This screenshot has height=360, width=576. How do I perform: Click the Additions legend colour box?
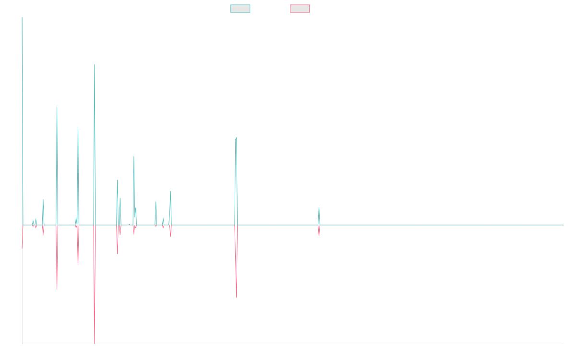coord(240,9)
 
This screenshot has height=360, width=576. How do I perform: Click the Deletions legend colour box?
coord(300,9)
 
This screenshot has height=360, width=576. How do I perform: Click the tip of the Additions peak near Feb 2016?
coord(95,64)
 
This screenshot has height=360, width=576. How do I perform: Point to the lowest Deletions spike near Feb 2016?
coord(95,343)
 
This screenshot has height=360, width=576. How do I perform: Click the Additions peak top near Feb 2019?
coord(236,137)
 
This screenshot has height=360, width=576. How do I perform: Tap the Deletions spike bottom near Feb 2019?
coord(236,298)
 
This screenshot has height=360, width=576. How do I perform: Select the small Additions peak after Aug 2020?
coord(319,207)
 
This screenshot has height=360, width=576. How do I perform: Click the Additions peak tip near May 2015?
coord(57,107)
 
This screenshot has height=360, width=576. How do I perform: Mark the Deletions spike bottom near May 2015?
coord(57,288)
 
